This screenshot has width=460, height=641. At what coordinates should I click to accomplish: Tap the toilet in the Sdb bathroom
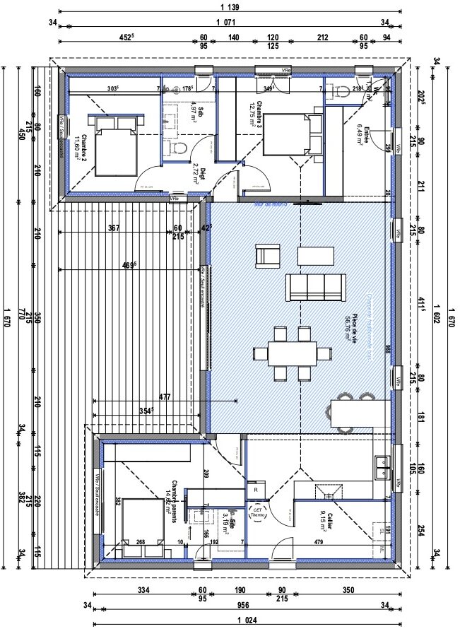pos(179,148)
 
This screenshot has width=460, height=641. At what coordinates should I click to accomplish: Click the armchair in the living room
pos(267,255)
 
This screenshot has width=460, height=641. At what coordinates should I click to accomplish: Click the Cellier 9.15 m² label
pos(324,519)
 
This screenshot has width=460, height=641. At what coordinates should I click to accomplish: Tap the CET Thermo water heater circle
pos(256,514)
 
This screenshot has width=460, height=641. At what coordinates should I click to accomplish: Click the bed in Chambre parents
pos(144,522)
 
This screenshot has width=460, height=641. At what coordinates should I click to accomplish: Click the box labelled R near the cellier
pos(254,489)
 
